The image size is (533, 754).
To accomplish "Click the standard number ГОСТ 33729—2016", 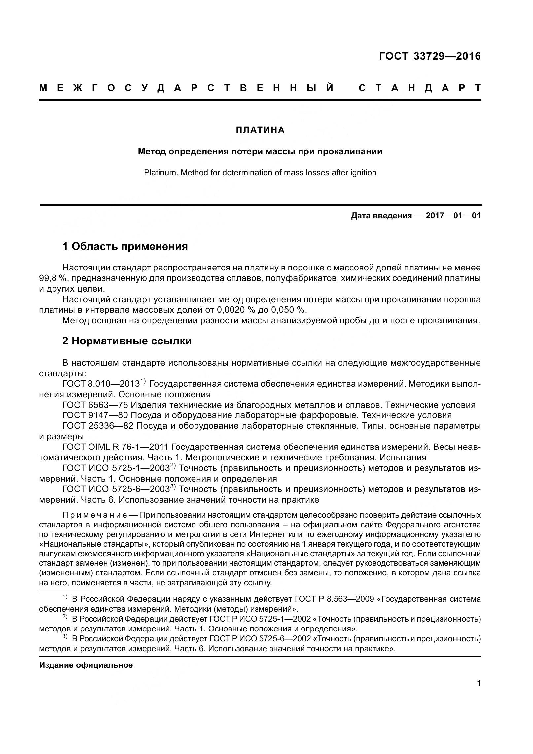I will (430, 56).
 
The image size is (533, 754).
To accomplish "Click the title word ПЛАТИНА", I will (260, 130).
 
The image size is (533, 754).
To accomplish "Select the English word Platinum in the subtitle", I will (160, 173).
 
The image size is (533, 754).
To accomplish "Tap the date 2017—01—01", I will (453, 216).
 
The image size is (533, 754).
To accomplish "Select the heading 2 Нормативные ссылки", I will (127, 341).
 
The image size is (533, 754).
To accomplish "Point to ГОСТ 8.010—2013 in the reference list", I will (101, 384).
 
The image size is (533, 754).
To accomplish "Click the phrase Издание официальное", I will (86, 665).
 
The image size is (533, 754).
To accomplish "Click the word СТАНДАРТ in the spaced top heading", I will (419, 88).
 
